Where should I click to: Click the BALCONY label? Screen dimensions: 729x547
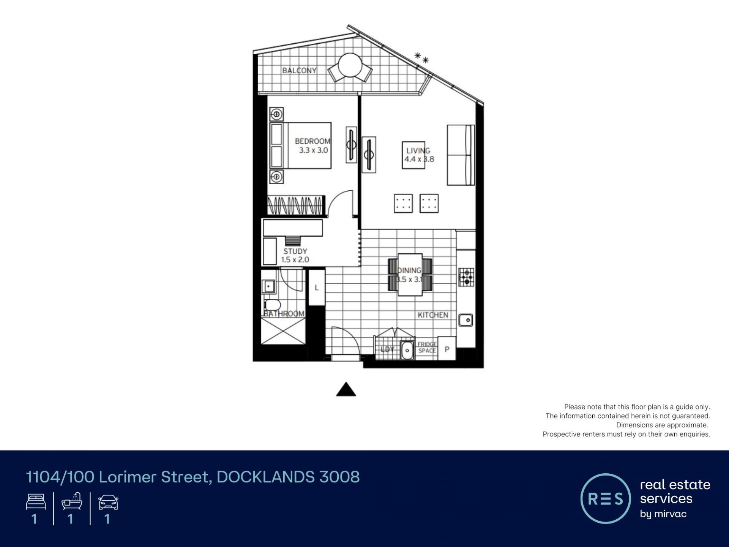[299, 70]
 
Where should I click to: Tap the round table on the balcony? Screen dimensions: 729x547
[350, 65]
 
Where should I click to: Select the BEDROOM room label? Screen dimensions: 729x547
[312, 141]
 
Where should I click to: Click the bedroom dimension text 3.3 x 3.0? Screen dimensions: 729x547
[313, 150]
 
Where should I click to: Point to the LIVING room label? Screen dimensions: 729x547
[418, 151]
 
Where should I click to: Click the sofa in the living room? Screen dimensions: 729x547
[461, 155]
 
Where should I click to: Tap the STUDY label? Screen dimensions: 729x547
[295, 251]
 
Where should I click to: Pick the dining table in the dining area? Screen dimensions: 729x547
[410, 274]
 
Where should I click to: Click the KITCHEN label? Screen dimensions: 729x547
[433, 315]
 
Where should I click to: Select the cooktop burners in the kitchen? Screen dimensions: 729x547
[466, 277]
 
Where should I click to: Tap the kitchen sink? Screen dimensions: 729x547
[465, 320]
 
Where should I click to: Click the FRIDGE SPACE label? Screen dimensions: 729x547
[427, 348]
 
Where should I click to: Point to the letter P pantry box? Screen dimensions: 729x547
[447, 349]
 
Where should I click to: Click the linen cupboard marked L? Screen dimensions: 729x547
[317, 288]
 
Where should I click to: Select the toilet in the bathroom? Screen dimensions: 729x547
[272, 305]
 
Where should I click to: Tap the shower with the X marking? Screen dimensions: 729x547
[283, 331]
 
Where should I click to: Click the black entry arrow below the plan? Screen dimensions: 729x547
[346, 389]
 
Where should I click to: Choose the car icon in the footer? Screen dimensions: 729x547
[108, 503]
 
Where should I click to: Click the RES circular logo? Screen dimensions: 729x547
[606, 499]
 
